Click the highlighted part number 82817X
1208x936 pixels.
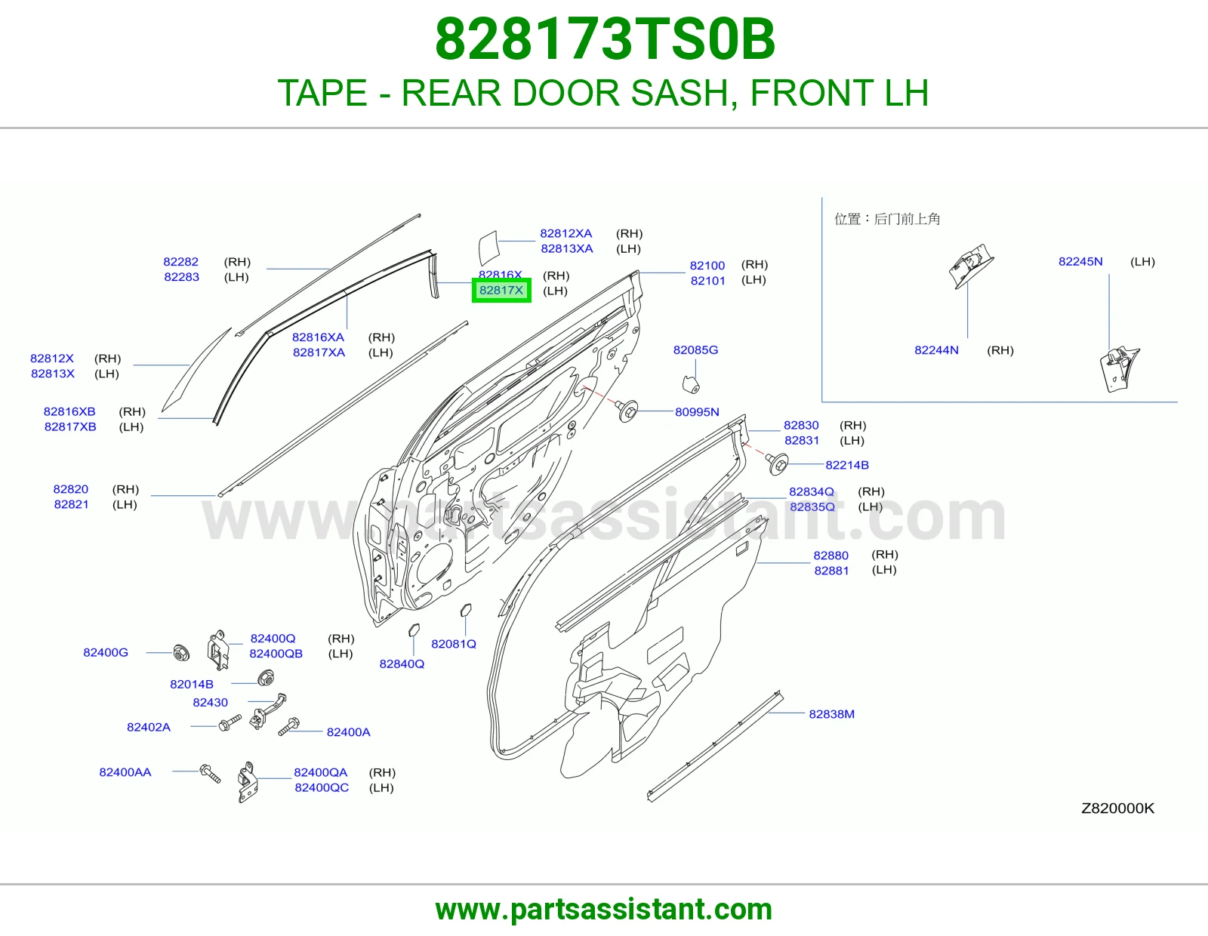(x=501, y=290)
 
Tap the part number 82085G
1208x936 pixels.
(x=695, y=349)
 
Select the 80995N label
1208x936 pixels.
(x=697, y=412)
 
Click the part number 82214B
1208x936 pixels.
(x=846, y=465)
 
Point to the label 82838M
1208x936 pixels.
(x=832, y=713)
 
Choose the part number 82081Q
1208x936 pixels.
(x=454, y=644)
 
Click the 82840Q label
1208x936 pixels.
(x=402, y=664)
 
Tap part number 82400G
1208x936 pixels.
(x=106, y=652)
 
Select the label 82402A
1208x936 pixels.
(x=149, y=727)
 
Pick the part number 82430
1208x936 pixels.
(x=210, y=702)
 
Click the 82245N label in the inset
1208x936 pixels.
(x=1080, y=261)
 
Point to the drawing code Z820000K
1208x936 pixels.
(x=1117, y=808)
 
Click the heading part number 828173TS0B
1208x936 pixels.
(x=605, y=39)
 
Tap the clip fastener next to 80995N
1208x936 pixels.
(x=627, y=410)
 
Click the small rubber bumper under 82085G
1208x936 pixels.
(x=690, y=384)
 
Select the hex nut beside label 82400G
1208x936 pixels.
(x=181, y=652)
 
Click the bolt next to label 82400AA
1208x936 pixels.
(x=210, y=773)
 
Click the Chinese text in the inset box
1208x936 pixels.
(x=887, y=219)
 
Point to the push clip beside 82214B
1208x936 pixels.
(x=777, y=463)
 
